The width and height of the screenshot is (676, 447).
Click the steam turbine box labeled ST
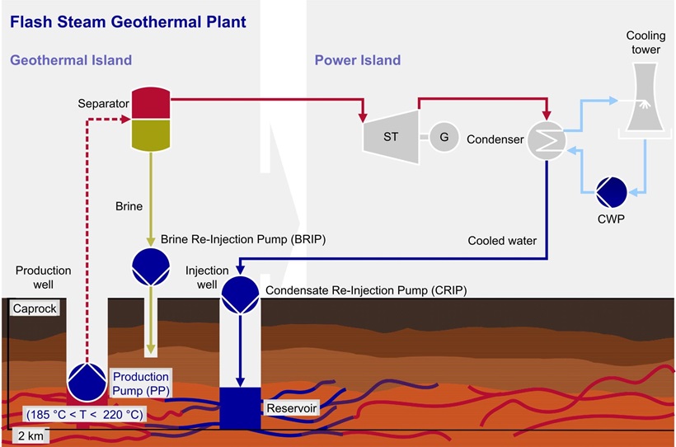tap(390, 136)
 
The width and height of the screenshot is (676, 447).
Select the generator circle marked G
tap(444, 137)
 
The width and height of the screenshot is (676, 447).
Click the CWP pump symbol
tap(612, 192)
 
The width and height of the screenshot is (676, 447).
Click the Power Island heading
tap(357, 60)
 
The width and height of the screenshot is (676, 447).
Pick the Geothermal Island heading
tap(71, 60)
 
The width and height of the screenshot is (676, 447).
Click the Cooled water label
tap(502, 241)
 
